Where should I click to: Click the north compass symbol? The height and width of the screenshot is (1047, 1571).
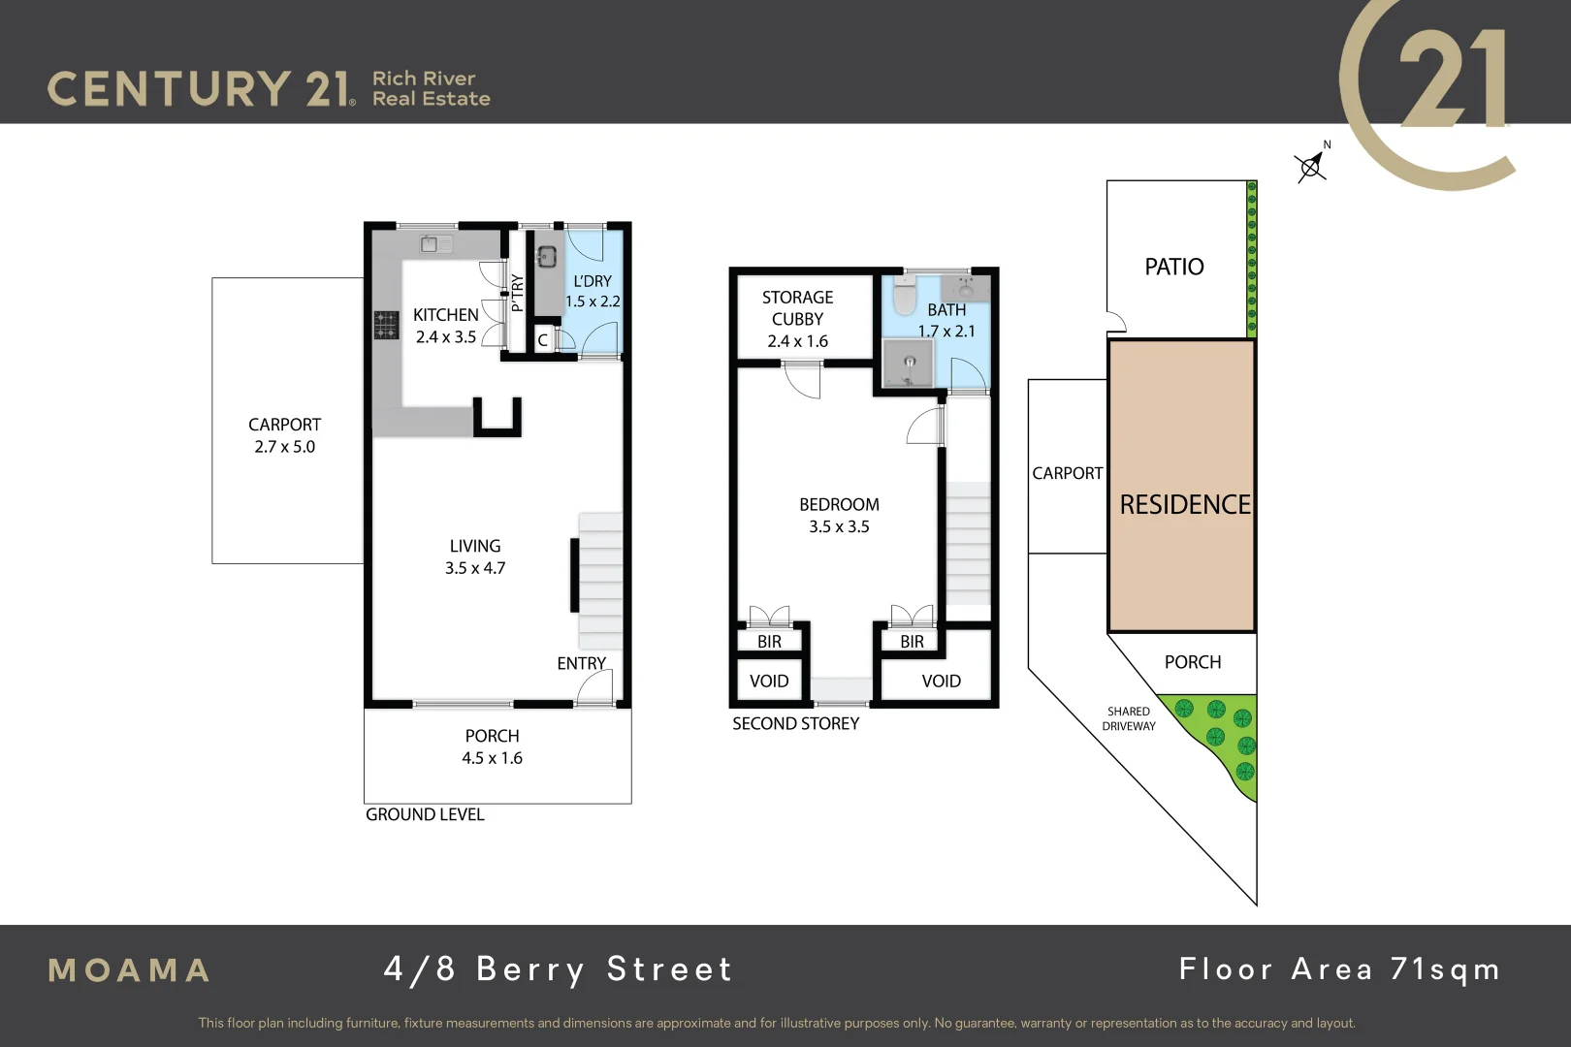(x=1311, y=167)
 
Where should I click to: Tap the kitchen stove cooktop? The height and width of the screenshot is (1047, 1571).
(x=386, y=325)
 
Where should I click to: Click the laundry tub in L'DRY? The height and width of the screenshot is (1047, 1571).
(x=546, y=256)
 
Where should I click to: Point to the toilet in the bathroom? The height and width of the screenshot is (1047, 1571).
(x=904, y=296)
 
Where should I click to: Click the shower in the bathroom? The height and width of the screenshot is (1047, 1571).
(x=909, y=364)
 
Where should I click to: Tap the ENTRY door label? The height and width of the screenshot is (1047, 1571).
(x=581, y=663)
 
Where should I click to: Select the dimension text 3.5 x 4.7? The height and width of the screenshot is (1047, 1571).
(x=475, y=568)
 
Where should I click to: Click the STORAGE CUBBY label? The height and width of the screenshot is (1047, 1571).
(x=797, y=308)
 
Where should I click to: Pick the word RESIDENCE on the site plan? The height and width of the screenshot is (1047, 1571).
(x=1184, y=504)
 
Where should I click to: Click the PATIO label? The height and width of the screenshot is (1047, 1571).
(x=1173, y=267)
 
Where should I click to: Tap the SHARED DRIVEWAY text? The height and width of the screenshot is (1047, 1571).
(x=1128, y=718)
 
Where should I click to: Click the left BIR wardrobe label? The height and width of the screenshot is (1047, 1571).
(x=769, y=642)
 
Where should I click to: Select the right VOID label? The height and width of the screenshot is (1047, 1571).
(x=941, y=681)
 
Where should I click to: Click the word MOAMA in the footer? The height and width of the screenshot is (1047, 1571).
(x=129, y=970)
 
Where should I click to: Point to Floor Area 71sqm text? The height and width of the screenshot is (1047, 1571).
(x=1338, y=968)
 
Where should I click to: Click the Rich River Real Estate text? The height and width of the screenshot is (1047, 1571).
(x=431, y=88)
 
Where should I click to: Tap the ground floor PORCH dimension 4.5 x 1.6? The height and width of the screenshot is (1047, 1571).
(x=492, y=758)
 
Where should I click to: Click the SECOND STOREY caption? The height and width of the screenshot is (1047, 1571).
(x=795, y=723)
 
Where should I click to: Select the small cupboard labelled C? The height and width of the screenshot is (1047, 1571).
(x=542, y=339)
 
